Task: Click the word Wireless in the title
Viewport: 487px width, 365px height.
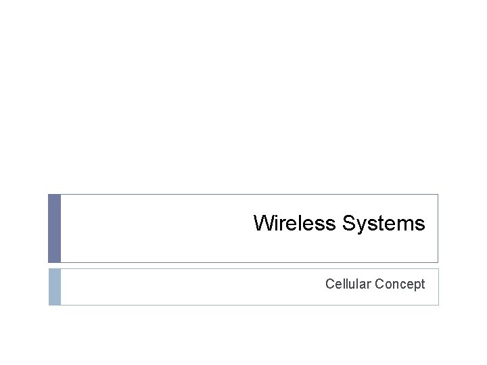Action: [x=295, y=223]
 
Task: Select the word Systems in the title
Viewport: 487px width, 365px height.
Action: [x=384, y=223]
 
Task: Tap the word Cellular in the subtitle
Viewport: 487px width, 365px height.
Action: [x=348, y=284]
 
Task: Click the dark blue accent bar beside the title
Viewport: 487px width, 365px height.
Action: [x=54, y=228]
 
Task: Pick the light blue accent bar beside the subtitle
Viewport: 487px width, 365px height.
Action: [x=54, y=287]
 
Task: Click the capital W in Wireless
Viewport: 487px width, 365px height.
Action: [x=263, y=223]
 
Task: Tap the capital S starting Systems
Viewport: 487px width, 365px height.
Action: [x=348, y=223]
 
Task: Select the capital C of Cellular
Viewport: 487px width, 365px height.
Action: [x=329, y=284]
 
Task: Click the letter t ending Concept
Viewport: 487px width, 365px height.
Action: [x=423, y=284]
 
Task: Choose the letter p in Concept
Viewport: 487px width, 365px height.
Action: [x=417, y=285]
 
